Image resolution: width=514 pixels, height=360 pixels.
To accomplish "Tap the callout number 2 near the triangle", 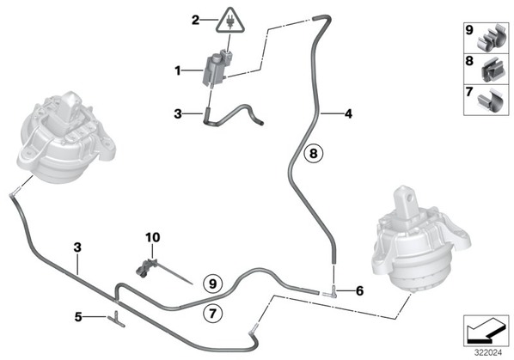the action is pos(195,21).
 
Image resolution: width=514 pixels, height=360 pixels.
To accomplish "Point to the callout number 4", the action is pos(348,114).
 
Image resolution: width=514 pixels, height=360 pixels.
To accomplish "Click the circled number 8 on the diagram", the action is pos(314,153).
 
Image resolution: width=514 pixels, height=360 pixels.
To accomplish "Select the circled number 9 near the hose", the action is pos(213,284).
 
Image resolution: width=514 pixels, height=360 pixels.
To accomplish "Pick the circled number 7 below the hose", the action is pos(213,314).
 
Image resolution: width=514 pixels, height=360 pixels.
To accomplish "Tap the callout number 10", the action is pos(153,237).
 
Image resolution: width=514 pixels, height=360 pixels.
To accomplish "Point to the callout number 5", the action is pos(78,317).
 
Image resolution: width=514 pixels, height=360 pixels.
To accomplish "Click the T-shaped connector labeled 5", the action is pos(116,319).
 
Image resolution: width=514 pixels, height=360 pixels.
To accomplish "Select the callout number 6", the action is pos(359,290).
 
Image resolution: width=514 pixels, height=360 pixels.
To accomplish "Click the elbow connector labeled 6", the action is pos(333,292).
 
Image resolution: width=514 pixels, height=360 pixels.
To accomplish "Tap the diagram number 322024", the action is pos(488,353).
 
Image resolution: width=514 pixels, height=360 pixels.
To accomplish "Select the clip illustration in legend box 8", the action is pos(492,70).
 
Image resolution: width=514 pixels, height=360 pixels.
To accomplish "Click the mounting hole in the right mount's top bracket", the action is pos(409,198).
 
